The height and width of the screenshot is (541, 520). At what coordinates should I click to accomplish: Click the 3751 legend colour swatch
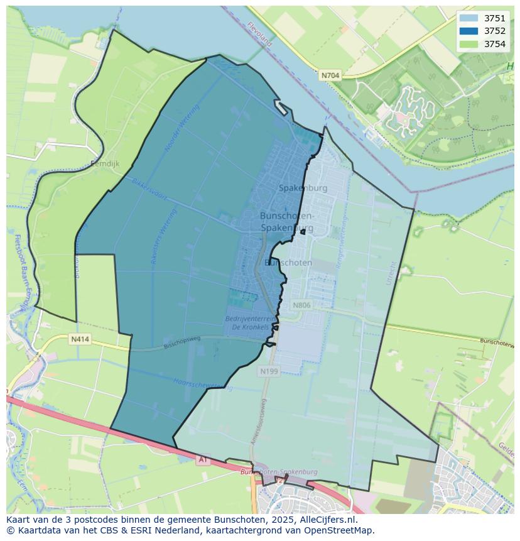tap(468, 18)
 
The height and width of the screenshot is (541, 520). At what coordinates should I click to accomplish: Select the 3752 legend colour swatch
tap(468, 31)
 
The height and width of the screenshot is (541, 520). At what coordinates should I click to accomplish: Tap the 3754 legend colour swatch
tap(468, 44)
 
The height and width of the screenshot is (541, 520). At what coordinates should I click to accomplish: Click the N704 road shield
tap(330, 75)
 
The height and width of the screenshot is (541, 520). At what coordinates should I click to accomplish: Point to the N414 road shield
tap(80, 339)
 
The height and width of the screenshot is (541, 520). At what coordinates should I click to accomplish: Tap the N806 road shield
tap(301, 305)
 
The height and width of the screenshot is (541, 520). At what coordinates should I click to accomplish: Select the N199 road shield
tap(268, 372)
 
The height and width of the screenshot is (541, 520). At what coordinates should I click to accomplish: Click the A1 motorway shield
tap(203, 460)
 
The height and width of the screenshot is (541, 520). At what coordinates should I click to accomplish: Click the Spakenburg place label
tap(303, 188)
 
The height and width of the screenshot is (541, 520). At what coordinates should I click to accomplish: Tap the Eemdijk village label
tap(105, 164)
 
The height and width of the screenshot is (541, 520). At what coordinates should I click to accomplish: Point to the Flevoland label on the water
tap(259, 35)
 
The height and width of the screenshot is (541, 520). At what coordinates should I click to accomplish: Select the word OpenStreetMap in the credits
tap(340, 530)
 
